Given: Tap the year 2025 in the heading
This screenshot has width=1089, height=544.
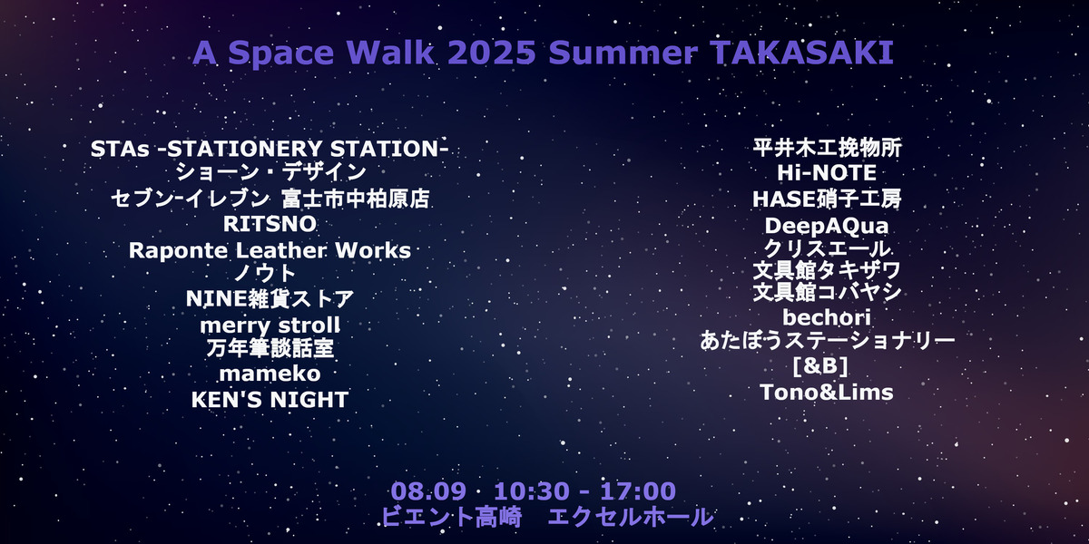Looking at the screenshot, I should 493,53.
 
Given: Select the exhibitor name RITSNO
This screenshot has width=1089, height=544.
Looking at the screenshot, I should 270,223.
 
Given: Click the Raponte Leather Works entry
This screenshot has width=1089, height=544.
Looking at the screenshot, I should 270,249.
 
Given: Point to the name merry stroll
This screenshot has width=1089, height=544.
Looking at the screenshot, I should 270,325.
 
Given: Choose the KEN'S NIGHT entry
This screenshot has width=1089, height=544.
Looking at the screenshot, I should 270,400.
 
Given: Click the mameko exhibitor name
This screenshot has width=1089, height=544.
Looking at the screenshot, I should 270,374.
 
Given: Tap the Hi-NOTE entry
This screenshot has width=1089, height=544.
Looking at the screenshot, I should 827,172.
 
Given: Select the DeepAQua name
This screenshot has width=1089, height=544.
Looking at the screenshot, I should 827,225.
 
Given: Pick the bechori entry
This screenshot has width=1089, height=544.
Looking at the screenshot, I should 827,317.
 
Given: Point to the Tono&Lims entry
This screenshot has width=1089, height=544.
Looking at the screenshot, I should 827,392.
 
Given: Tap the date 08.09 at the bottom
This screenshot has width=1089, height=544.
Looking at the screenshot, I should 428,491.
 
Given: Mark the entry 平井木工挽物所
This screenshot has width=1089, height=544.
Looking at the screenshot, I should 827,148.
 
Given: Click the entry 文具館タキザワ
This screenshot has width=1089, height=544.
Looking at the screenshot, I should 827,270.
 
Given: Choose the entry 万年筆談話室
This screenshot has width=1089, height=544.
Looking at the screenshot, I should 270,349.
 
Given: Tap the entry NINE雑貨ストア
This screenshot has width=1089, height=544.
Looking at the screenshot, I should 270,298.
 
